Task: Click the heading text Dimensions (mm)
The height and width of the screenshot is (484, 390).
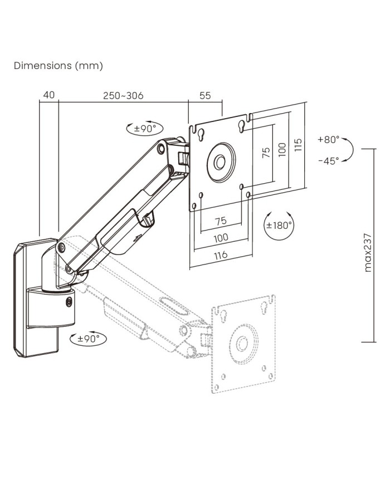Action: click(58, 66)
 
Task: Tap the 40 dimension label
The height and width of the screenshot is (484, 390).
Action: click(49, 95)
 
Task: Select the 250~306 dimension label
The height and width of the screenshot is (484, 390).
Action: click(123, 95)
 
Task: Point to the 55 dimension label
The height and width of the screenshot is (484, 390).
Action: click(205, 95)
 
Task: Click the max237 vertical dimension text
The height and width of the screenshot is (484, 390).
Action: click(368, 252)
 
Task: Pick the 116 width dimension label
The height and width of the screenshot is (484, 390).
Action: click(221, 255)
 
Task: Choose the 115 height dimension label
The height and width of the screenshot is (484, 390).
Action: click(298, 145)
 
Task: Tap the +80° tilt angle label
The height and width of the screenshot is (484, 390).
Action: click(329, 140)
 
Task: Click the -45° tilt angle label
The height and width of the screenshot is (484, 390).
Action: click(329, 161)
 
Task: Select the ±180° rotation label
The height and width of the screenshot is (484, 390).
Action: click(279, 226)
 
